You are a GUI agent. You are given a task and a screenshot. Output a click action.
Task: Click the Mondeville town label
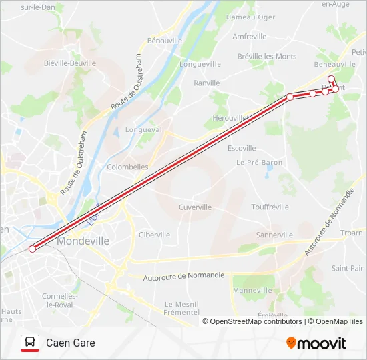[83, 241]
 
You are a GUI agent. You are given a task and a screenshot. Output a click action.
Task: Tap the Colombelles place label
[127, 167]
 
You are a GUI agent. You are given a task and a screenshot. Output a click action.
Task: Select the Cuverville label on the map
[195, 207]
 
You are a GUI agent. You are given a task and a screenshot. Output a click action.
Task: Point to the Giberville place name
[154, 235]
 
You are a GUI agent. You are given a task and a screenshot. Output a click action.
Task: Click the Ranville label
[206, 83]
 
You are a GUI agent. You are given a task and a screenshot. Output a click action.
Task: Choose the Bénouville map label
[165, 41]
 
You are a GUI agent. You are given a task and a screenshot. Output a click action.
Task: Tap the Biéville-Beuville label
[69, 63]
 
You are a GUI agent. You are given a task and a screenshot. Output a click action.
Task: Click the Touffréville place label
[269, 207]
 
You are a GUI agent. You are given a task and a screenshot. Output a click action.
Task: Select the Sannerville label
[274, 235]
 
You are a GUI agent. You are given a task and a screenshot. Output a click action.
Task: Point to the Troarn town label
[351, 233]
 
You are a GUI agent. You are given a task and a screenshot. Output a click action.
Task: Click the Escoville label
[242, 148]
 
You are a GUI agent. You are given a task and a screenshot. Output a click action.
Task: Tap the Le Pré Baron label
[260, 162]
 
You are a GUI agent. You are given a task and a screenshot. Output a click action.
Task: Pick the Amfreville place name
[250, 37]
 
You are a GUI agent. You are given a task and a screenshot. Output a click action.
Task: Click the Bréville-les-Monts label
[267, 57]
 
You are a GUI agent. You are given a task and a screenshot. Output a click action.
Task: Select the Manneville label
[252, 290]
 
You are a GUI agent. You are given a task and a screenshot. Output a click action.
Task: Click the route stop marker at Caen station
[32, 249]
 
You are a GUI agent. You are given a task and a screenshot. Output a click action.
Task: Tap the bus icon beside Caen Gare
[30, 343]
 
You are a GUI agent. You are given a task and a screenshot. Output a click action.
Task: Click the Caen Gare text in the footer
[71, 343]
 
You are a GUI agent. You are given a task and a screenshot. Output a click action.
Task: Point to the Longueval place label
[143, 130]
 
